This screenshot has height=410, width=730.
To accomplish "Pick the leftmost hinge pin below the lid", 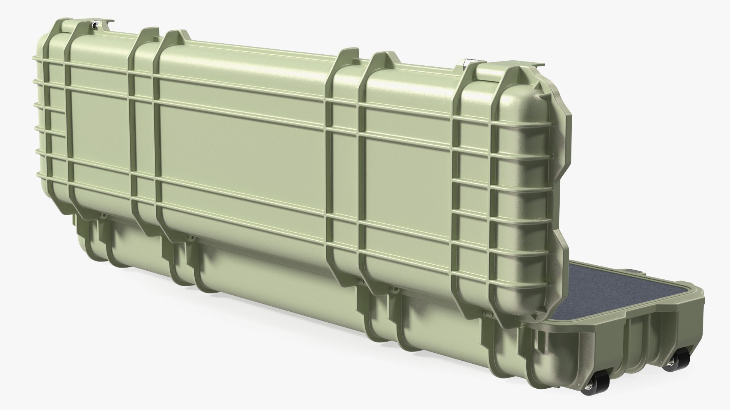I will coord(102,216).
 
